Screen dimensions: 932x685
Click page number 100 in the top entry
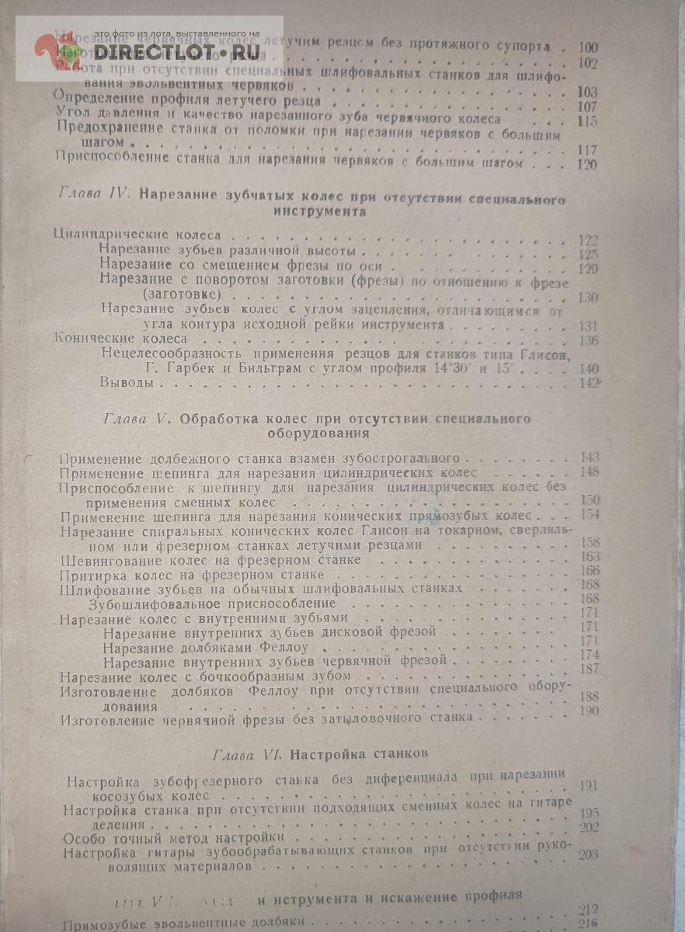(587, 48)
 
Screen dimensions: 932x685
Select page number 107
(587, 107)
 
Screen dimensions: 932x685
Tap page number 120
(586, 164)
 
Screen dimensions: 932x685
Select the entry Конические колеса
(120, 339)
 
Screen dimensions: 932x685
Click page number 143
(589, 457)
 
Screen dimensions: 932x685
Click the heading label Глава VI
(242, 753)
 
